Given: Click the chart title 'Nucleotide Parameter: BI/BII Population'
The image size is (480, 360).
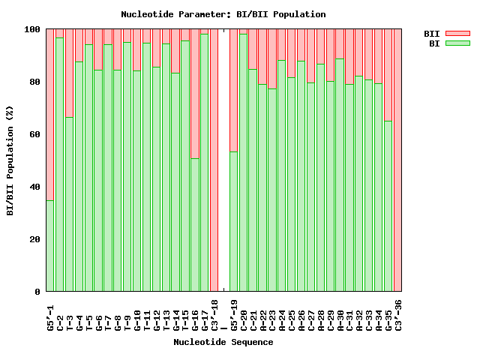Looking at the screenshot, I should (x=223, y=14).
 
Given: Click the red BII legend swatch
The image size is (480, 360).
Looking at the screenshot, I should (x=457, y=33).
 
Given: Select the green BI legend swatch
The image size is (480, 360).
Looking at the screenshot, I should (x=457, y=43).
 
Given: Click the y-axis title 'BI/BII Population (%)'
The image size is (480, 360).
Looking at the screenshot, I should (x=10, y=160).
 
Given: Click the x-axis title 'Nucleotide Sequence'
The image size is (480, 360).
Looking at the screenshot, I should (x=223, y=342).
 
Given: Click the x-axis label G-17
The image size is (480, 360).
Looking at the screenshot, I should (x=205, y=310).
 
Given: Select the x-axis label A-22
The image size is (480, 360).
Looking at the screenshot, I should (x=262, y=310).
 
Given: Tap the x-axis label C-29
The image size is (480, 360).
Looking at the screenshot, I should (x=330, y=310).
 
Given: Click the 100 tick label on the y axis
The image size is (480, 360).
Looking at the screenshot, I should (x=31, y=29).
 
